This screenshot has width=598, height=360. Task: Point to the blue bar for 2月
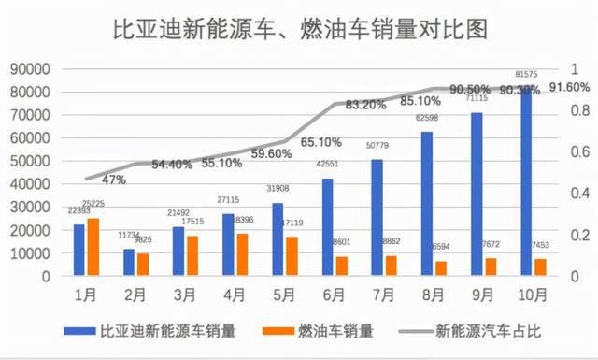coord(129,263)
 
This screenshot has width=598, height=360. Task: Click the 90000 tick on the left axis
coord(31,68)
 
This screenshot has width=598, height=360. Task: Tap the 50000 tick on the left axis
coord(31,161)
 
